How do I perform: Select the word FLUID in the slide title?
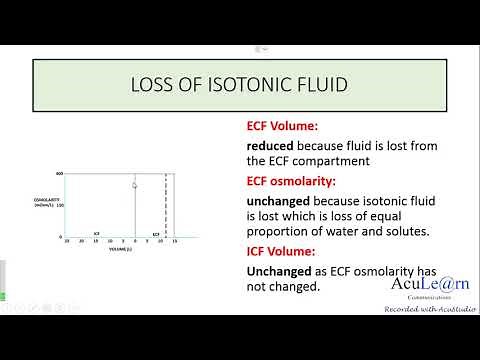(321, 85)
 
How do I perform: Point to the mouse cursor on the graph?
(135, 184)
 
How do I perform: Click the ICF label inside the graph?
(97, 233)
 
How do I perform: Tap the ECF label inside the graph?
(155, 233)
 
